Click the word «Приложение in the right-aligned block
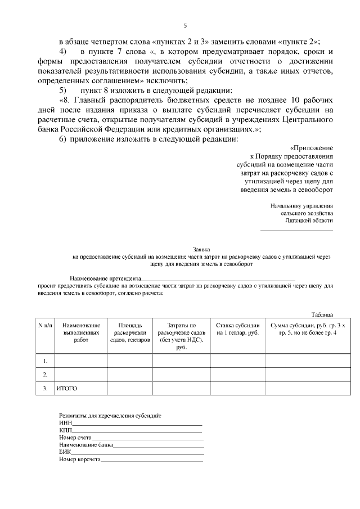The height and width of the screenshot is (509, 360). (312, 147)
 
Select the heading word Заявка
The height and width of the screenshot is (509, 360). (201, 249)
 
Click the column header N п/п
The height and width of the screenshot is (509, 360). (45, 326)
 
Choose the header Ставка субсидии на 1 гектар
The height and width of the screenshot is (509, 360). (237, 329)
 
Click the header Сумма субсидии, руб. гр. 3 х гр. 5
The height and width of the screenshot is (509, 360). (300, 329)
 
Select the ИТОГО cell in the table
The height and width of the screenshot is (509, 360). (66, 389)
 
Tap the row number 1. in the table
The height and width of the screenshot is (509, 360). (45, 360)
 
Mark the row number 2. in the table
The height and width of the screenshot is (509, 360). (45, 374)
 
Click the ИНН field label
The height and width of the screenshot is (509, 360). (64, 423)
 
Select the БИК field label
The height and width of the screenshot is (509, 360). (64, 452)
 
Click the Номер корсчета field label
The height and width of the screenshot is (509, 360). (79, 460)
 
